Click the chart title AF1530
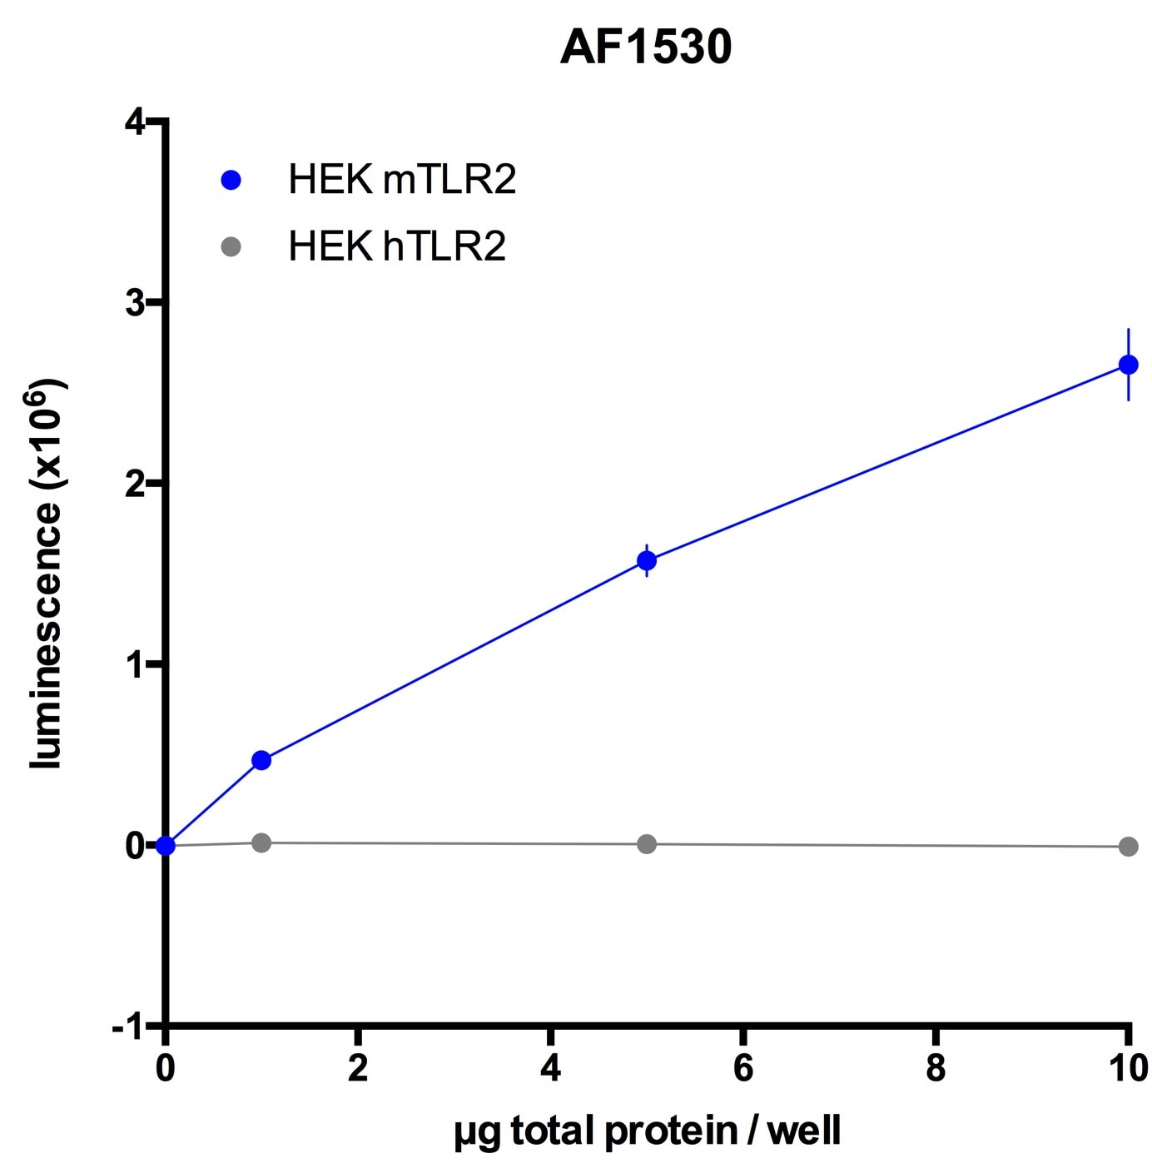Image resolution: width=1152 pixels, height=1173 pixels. pyautogui.click(x=646, y=47)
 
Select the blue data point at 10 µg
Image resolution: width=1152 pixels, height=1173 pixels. pyautogui.click(x=1128, y=365)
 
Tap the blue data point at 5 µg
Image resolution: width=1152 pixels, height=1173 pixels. pyautogui.click(x=647, y=561)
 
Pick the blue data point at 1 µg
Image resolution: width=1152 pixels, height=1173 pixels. pyautogui.click(x=261, y=760)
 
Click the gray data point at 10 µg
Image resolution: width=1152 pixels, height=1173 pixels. pyautogui.click(x=1128, y=847)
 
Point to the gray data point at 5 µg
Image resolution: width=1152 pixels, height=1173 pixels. pyautogui.click(x=647, y=844)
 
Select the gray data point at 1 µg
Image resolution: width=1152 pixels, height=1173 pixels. pyautogui.click(x=261, y=842)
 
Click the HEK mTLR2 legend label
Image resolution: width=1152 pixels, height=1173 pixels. pyautogui.click(x=402, y=180)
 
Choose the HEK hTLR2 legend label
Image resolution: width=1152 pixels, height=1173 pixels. pyautogui.click(x=397, y=246)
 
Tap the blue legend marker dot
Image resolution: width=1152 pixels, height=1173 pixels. pyautogui.click(x=231, y=180)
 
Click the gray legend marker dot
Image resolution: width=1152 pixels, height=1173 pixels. pyautogui.click(x=231, y=246)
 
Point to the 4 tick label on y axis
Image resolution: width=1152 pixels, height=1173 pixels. pyautogui.click(x=135, y=122)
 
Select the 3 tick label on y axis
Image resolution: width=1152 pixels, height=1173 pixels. pyautogui.click(x=135, y=302)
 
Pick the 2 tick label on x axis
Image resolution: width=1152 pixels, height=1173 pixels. pyautogui.click(x=358, y=1068)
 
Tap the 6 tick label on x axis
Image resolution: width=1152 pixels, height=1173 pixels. pyautogui.click(x=743, y=1068)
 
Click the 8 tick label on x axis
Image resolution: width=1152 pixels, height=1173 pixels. pyautogui.click(x=936, y=1068)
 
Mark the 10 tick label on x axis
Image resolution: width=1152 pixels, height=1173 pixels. pyautogui.click(x=1128, y=1068)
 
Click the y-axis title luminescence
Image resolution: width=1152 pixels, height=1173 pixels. pyautogui.click(x=48, y=574)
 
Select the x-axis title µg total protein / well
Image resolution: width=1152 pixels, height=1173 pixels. pyautogui.click(x=648, y=1131)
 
